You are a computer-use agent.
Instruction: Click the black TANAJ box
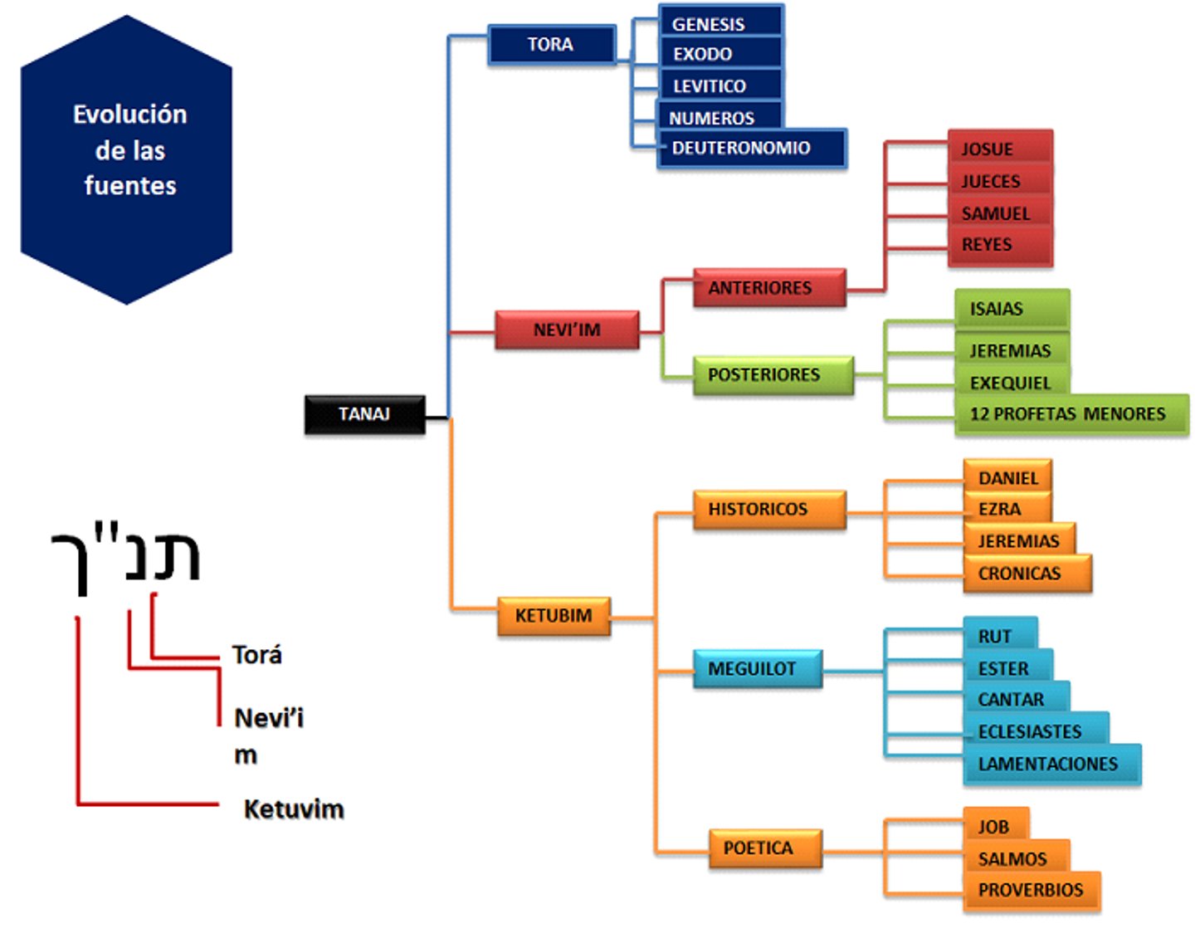(x=365, y=413)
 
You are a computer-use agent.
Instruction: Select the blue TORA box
(x=551, y=44)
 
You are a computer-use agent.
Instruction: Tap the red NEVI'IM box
(x=567, y=330)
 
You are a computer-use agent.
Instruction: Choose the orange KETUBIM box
(x=554, y=616)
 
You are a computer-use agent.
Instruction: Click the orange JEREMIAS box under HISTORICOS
(x=1019, y=540)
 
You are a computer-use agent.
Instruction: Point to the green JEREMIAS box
(x=1011, y=350)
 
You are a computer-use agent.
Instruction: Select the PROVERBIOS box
(x=1032, y=891)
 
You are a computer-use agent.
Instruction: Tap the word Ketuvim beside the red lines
(x=294, y=809)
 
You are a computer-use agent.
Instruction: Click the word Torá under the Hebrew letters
(x=257, y=655)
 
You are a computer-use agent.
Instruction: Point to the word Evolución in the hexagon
(x=130, y=115)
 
